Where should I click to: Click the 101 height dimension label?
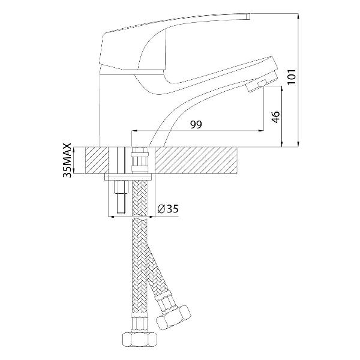(x=292, y=76)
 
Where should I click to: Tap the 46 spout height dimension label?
(x=275, y=117)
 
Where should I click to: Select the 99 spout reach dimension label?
(x=196, y=124)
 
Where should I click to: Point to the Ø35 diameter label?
(x=168, y=209)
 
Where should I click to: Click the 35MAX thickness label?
(x=67, y=160)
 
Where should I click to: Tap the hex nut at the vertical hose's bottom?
(x=140, y=340)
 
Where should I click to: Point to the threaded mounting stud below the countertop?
(x=121, y=197)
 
